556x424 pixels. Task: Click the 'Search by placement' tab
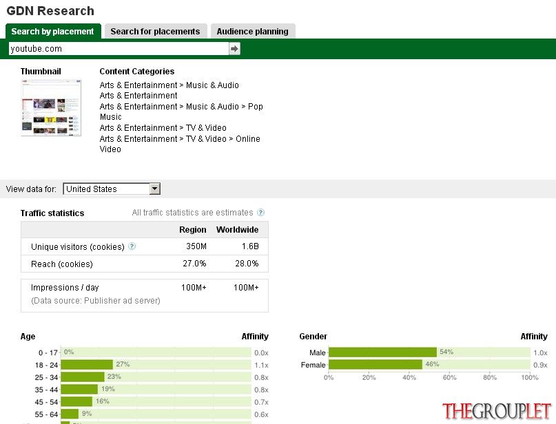[53, 31]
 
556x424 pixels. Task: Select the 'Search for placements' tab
[155, 31]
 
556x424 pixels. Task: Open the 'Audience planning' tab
[252, 31]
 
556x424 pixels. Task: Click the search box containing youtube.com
[119, 49]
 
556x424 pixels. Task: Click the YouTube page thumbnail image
[51, 107]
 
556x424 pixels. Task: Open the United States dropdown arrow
[154, 189]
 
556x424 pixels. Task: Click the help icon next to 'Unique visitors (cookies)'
[132, 246]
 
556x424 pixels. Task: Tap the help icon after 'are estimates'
[260, 213]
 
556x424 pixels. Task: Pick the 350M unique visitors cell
[196, 246]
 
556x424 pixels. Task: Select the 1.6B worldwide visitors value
[250, 246]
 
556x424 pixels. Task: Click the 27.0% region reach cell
[194, 264]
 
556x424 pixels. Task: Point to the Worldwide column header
[237, 229]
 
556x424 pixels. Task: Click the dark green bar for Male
[382, 352]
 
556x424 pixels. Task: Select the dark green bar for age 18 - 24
[87, 365]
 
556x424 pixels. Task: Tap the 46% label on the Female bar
[432, 364]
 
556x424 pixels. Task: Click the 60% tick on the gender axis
[449, 378]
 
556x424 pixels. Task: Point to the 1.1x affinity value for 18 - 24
[261, 365]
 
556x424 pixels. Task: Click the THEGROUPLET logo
[497, 411]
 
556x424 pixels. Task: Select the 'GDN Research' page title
[50, 11]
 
